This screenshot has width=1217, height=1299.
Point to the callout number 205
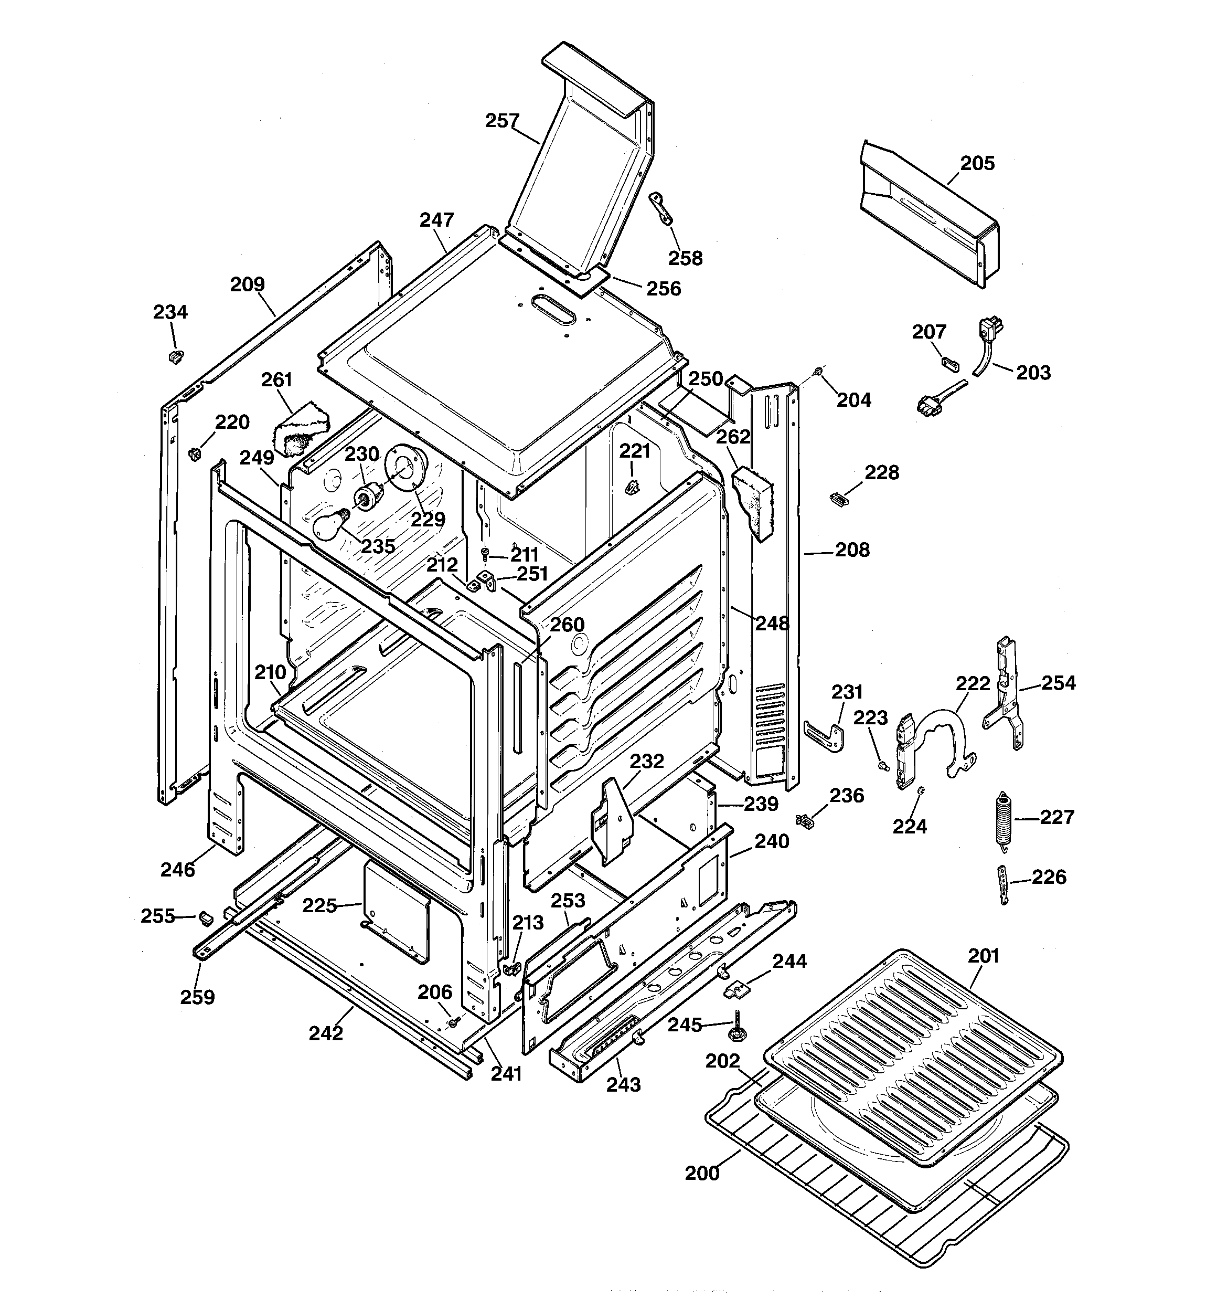point(977,163)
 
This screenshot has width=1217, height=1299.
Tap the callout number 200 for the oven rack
point(702,1173)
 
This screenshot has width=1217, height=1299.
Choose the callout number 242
point(325,1033)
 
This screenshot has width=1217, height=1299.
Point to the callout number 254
point(1058,683)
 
